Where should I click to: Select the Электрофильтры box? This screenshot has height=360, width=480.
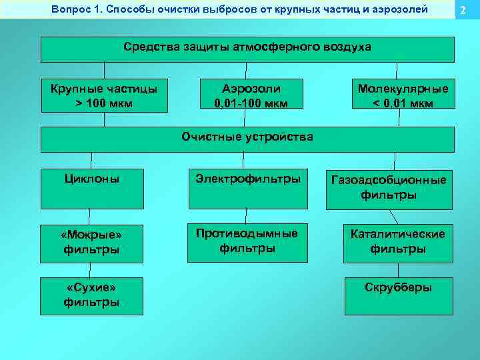tap(248, 189)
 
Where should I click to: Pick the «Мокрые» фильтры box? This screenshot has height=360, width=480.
tap(91, 242)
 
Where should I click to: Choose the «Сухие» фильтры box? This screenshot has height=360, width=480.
tap(91, 295)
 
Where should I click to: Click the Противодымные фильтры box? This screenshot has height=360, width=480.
tap(247, 242)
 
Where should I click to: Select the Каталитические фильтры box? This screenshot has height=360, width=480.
tap(398, 242)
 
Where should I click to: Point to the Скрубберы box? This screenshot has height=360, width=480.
tap(398, 295)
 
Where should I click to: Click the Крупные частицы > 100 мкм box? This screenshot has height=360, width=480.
tap(105, 96)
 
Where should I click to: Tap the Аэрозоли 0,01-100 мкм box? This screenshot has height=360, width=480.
tap(247, 96)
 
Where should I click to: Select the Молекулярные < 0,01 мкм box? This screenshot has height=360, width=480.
tap(403, 96)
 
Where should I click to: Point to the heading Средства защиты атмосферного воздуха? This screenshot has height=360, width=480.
tap(247, 49)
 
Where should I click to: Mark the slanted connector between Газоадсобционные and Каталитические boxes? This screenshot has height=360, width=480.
tap(393, 217)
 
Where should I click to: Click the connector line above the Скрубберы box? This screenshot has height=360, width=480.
tap(398, 270)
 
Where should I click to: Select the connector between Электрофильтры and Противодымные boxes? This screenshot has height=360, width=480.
tap(246, 215)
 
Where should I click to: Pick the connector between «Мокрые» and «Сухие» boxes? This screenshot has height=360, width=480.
tap(91, 269)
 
